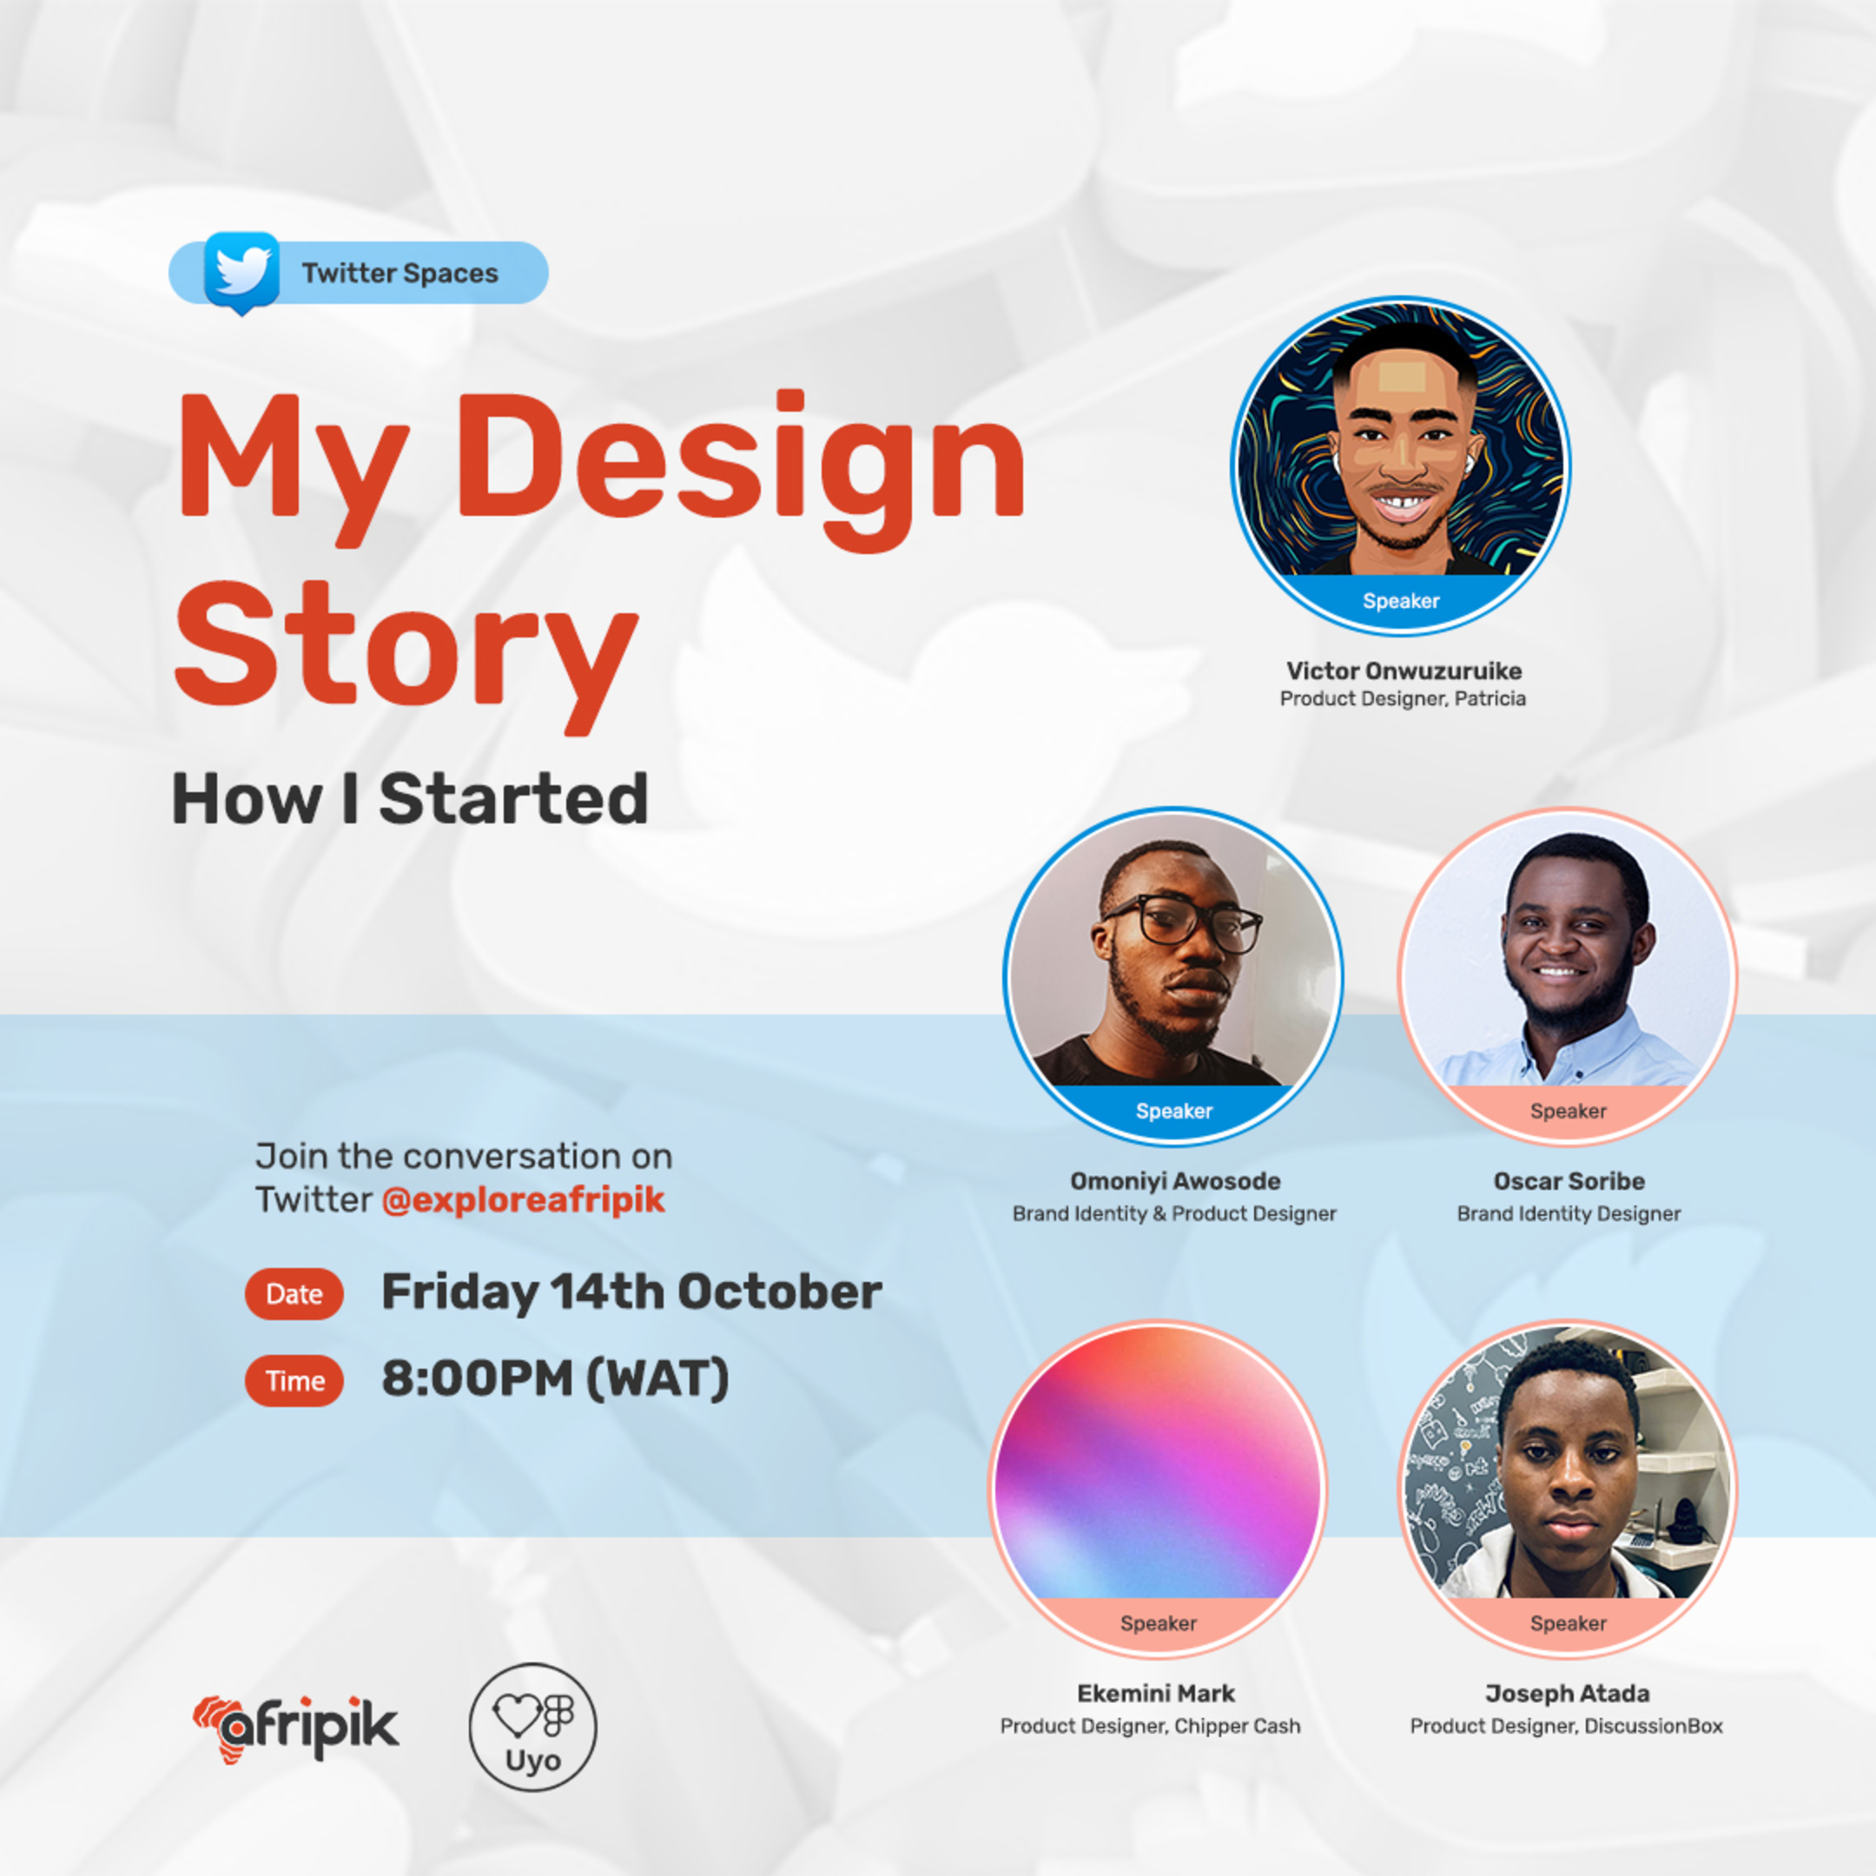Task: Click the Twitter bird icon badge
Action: click(x=241, y=271)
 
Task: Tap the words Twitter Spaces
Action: click(x=400, y=274)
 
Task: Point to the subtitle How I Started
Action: click(x=410, y=799)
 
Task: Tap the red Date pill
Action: click(x=294, y=1294)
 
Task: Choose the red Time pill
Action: click(x=294, y=1381)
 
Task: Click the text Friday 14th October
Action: click(x=631, y=1293)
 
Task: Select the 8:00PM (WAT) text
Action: click(x=554, y=1379)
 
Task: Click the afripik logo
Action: click(x=296, y=1728)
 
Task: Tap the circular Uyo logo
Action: click(x=532, y=1727)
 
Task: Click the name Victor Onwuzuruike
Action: click(x=1404, y=671)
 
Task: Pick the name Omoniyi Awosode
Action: click(x=1175, y=1182)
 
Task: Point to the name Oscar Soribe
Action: click(x=1569, y=1182)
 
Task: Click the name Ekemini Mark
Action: click(x=1155, y=1694)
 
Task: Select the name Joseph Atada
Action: click(x=1567, y=1694)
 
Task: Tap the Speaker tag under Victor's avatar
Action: click(x=1401, y=601)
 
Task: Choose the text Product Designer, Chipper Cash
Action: click(x=1150, y=1727)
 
